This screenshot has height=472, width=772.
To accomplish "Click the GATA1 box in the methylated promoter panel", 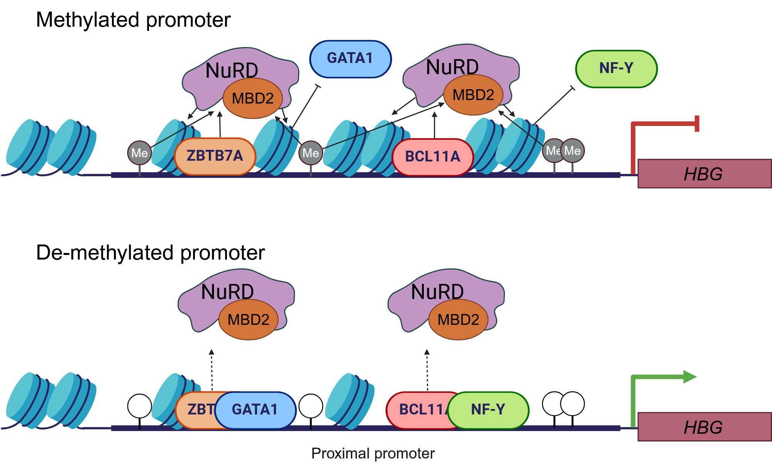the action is pyautogui.click(x=350, y=59).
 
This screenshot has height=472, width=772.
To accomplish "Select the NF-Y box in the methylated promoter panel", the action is pyautogui.click(x=616, y=69).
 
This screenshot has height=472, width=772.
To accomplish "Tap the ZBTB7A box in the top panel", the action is pyautogui.click(x=215, y=156).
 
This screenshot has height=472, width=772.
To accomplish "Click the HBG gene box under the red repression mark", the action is pyautogui.click(x=704, y=174).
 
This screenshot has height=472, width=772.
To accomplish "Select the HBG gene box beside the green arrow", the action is pyautogui.click(x=704, y=427).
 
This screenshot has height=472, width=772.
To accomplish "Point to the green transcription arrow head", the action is pyautogui.click(x=690, y=377).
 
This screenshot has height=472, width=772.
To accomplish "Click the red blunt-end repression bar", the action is pyautogui.click(x=697, y=124).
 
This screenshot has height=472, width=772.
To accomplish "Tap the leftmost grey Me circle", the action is pyautogui.click(x=139, y=153).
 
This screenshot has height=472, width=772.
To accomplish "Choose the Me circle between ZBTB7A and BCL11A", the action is pyautogui.click(x=311, y=153).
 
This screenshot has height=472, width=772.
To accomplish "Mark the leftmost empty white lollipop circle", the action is pyautogui.click(x=139, y=406).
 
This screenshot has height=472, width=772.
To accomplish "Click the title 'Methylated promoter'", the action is pyautogui.click(x=133, y=20).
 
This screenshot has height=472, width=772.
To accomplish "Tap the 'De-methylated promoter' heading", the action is pyautogui.click(x=151, y=253).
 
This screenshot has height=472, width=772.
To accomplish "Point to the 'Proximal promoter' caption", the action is pyautogui.click(x=373, y=453).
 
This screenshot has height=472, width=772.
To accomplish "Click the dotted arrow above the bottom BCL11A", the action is pyautogui.click(x=427, y=370).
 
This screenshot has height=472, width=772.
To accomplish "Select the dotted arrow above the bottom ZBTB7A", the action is pyautogui.click(x=212, y=370).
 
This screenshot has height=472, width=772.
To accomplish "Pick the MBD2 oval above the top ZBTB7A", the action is pyautogui.click(x=253, y=98).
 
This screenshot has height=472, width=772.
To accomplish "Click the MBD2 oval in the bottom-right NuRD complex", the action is pyautogui.click(x=459, y=320).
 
